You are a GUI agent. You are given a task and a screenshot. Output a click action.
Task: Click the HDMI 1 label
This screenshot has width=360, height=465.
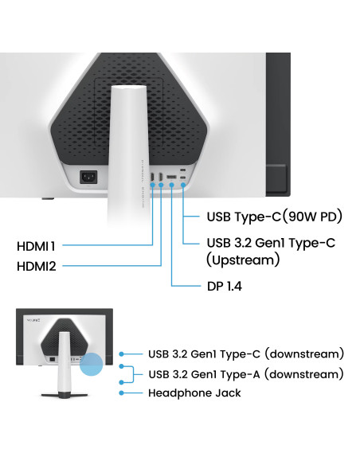coord(36,246)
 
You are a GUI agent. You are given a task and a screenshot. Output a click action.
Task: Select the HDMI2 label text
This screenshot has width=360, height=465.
coord(36,266)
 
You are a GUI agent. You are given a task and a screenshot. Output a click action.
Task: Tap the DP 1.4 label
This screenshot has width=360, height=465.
coord(225,286)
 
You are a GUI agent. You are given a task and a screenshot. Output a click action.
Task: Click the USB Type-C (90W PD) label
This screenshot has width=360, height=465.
coord(275,217)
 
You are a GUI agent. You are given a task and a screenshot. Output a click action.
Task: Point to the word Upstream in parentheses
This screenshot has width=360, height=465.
coord(243,260)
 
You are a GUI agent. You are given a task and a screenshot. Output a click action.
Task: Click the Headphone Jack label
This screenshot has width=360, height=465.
coord(194,393)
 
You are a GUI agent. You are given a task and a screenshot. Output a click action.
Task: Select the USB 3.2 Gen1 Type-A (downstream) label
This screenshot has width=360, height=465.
coord(246,374)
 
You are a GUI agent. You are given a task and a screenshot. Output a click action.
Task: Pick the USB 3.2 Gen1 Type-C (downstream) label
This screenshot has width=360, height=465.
coord(246,354)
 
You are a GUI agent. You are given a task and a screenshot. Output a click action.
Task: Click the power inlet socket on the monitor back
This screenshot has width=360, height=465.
coord(88,177)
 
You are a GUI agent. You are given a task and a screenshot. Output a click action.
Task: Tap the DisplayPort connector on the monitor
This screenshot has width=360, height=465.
coord(171,177)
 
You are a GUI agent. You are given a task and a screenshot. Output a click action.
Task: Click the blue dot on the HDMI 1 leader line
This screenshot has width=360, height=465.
coord(152,185)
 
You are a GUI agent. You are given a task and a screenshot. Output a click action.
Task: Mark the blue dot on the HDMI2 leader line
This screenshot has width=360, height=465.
coord(161,185)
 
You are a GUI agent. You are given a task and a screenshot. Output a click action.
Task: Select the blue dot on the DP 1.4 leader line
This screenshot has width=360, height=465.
coord(171,185)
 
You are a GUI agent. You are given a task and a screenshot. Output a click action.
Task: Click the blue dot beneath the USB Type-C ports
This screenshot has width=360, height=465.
coord(183,185)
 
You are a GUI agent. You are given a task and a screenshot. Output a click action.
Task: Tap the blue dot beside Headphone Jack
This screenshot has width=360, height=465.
coord(121,393)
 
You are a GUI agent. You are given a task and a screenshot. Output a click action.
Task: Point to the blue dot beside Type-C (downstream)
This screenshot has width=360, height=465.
coord(121,354)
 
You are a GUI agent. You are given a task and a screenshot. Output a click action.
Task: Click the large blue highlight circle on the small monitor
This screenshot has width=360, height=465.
coord(92,364)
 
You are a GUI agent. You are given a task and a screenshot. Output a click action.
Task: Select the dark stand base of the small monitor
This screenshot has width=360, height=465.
coord(65,395)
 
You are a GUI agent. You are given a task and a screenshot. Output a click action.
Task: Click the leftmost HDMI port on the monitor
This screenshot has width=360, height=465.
coord(152,177)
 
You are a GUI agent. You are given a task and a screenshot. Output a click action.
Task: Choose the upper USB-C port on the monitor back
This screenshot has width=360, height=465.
coord(183,170)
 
